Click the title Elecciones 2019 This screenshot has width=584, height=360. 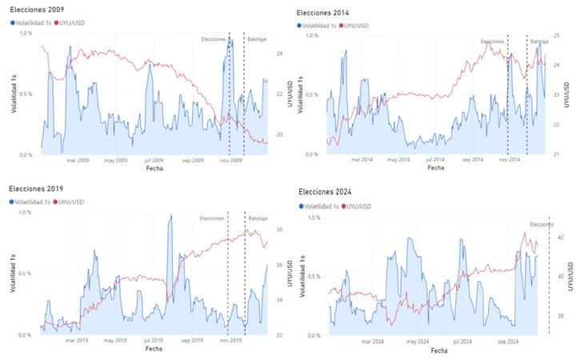pyautogui.click(x=36, y=188)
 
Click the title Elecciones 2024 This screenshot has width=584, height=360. pyautogui.click(x=327, y=192)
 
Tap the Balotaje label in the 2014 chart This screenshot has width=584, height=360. pyautogui.click(x=540, y=41)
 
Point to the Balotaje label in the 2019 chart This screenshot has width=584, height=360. pyautogui.click(x=258, y=218)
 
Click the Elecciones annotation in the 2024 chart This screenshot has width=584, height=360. pyautogui.click(x=542, y=224)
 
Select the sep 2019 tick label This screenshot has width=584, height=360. pyautogui.click(x=193, y=341)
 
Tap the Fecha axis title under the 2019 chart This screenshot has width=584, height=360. pyautogui.click(x=154, y=349)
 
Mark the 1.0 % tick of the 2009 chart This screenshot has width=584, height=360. pyautogui.click(x=24, y=33)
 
